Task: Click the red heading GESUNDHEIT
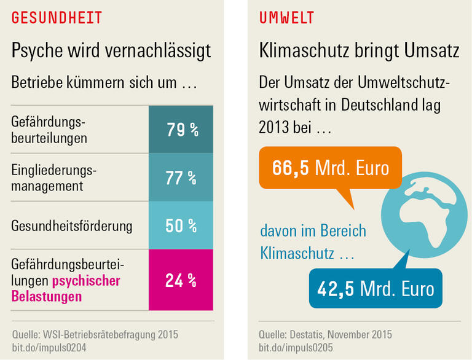[x=57, y=18]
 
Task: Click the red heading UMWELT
[x=287, y=18]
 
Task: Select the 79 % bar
[x=181, y=130]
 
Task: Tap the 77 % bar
[x=181, y=178]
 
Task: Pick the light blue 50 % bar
[x=181, y=225]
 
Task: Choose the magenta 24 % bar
[x=181, y=281]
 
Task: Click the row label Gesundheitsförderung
[x=72, y=225]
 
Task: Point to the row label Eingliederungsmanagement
[x=55, y=178]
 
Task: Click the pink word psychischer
[x=86, y=281]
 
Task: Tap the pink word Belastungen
[x=47, y=297]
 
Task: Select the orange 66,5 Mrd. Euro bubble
[x=331, y=168]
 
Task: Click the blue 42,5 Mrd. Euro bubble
[x=376, y=289]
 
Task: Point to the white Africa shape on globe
[x=428, y=215]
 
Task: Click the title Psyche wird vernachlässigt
[x=111, y=50]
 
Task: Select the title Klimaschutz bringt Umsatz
[x=359, y=50]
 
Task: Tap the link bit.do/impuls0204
[x=50, y=348]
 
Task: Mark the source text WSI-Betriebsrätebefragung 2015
[x=111, y=335]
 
